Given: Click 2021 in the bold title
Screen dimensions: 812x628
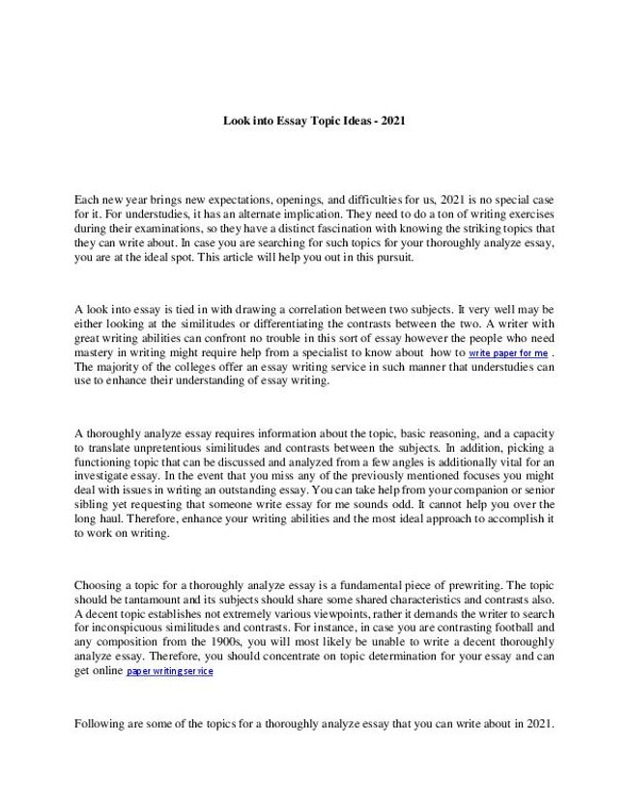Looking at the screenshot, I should pos(392,122).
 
